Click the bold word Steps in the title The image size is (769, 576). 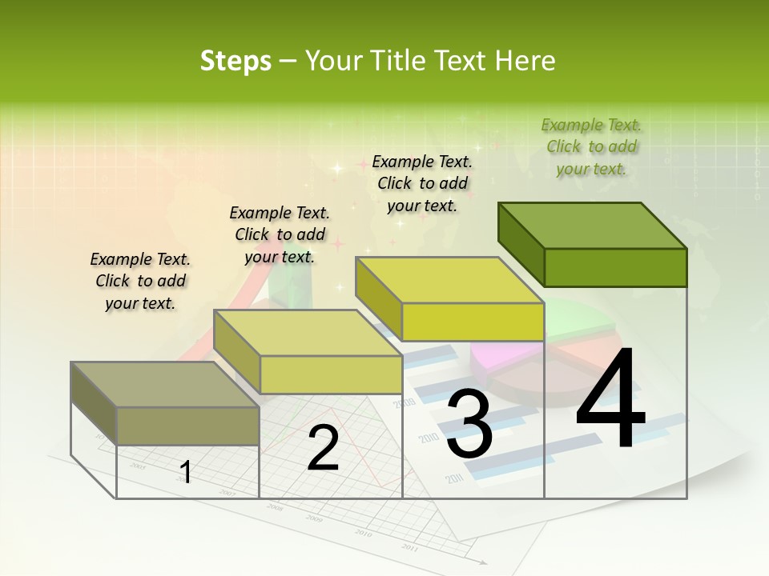pos(236,61)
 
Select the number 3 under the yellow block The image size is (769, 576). pos(469,424)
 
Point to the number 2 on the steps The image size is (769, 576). pos(324,448)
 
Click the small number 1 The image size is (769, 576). pos(186,472)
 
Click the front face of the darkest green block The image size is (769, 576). pos(615,267)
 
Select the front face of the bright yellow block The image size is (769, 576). pos(473,322)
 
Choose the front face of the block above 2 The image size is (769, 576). pos(331,374)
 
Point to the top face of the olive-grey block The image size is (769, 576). pos(165,385)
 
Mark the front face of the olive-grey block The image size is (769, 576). pos(188,426)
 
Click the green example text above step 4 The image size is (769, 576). pos(591,146)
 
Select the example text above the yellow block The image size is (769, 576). pos(422,183)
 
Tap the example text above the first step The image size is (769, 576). pos(140,281)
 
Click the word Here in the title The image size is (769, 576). pos(525,61)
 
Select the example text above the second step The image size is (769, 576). pos(280,234)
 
